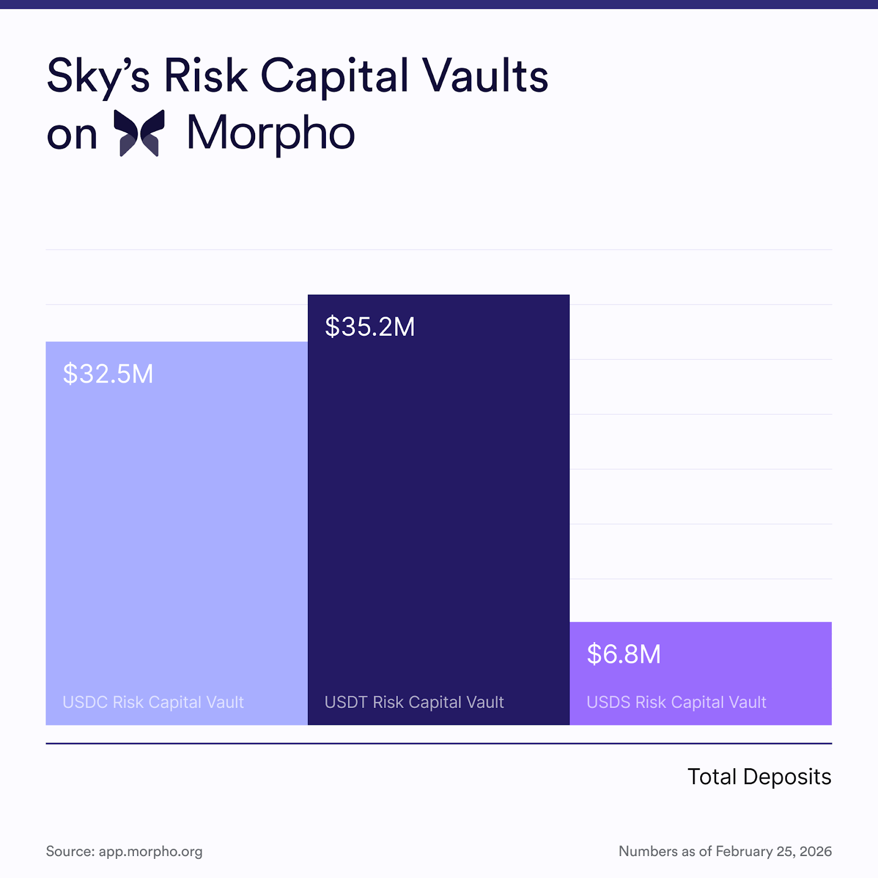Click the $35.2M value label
pyautogui.click(x=370, y=327)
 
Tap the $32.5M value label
pyautogui.click(x=108, y=374)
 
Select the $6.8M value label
pyautogui.click(x=624, y=654)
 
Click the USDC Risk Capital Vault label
pyautogui.click(x=153, y=702)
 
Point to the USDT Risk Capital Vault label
pyautogui.click(x=414, y=702)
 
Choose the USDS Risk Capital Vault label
pyautogui.click(x=676, y=702)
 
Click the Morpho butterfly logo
pyautogui.click(x=139, y=133)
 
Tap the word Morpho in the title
pyautogui.click(x=271, y=133)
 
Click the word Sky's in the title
pyautogui.click(x=98, y=76)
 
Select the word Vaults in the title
pyautogui.click(x=485, y=76)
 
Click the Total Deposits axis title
pyautogui.click(x=759, y=777)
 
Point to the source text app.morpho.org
pyautogui.click(x=150, y=852)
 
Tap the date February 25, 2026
pyautogui.click(x=774, y=852)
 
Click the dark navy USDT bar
pyautogui.click(x=438, y=494)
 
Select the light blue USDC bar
pyautogui.click(x=177, y=521)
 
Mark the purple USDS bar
pyautogui.click(x=701, y=680)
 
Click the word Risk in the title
pyautogui.click(x=205, y=76)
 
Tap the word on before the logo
pyautogui.click(x=72, y=135)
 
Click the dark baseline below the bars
pyautogui.click(x=438, y=744)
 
